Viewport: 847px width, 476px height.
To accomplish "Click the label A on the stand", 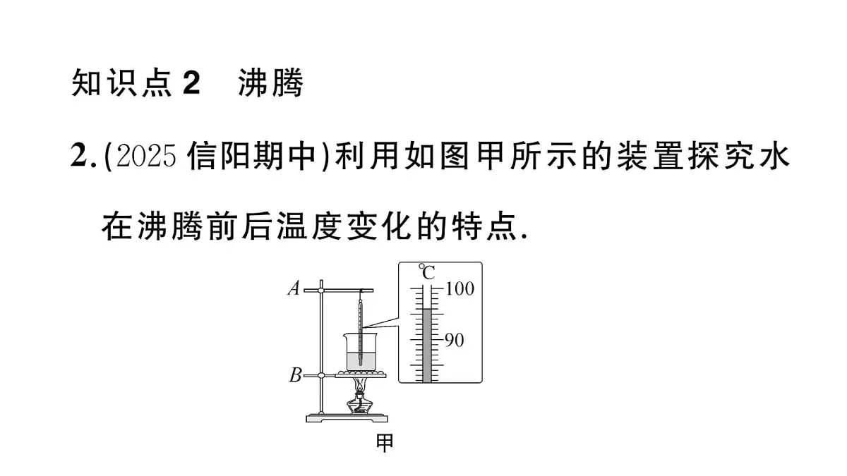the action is click(294, 288).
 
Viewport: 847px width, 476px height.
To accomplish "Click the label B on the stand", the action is click(295, 375).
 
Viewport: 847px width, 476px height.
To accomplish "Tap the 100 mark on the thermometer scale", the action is click(459, 288).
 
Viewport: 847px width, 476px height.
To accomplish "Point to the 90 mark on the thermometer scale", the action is click(454, 340).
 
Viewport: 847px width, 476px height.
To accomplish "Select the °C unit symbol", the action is click(427, 272).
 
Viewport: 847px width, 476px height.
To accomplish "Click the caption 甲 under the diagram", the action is click(385, 443).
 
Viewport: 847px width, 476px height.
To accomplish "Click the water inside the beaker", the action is click(361, 362).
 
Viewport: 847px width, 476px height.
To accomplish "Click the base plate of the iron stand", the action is click(347, 419).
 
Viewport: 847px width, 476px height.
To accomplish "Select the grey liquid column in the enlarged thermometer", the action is click(426, 346).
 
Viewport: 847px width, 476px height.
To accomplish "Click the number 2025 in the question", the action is click(146, 156).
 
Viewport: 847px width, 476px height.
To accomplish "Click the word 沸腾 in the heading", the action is click(271, 83).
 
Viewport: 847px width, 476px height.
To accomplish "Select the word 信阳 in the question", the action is click(221, 156).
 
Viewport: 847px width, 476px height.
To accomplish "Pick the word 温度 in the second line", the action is click(310, 226).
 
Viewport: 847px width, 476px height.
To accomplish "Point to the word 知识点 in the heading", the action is click(121, 83).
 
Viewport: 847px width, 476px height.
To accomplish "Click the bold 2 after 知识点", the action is click(191, 83).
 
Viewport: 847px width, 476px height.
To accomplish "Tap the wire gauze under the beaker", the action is click(361, 374).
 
